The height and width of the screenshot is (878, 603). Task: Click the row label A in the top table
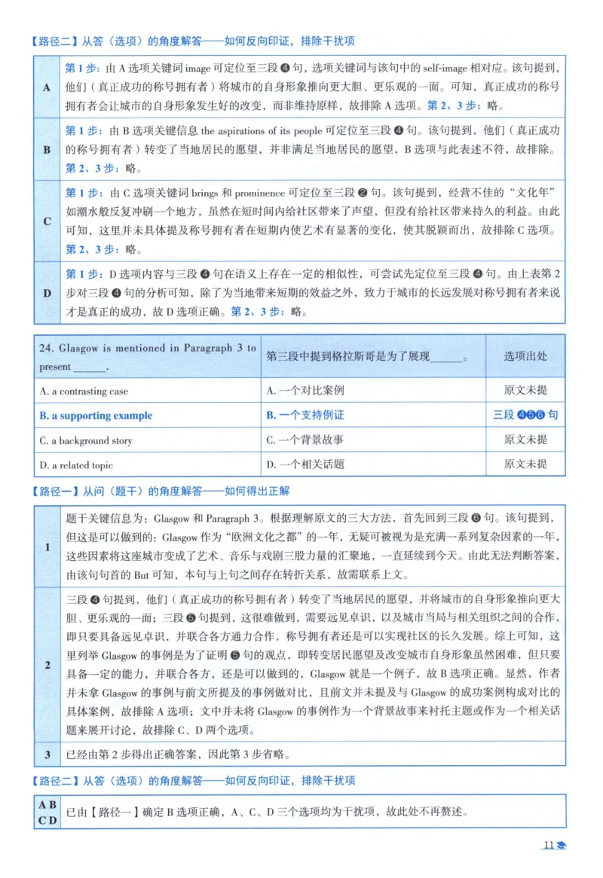tap(47, 87)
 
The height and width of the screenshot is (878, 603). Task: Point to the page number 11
tap(548, 845)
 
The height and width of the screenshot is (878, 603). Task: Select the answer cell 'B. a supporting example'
tap(96, 416)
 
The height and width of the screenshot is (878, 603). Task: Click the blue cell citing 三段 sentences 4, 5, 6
tap(525, 415)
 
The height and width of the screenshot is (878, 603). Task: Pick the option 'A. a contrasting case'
tap(84, 392)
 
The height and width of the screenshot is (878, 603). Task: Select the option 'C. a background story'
tap(86, 441)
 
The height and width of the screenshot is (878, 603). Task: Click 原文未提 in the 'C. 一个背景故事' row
tap(525, 440)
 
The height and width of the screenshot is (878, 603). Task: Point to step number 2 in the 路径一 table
tap(47, 665)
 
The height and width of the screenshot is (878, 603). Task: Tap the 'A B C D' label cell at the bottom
tap(47, 812)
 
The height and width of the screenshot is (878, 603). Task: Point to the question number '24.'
tap(47, 348)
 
